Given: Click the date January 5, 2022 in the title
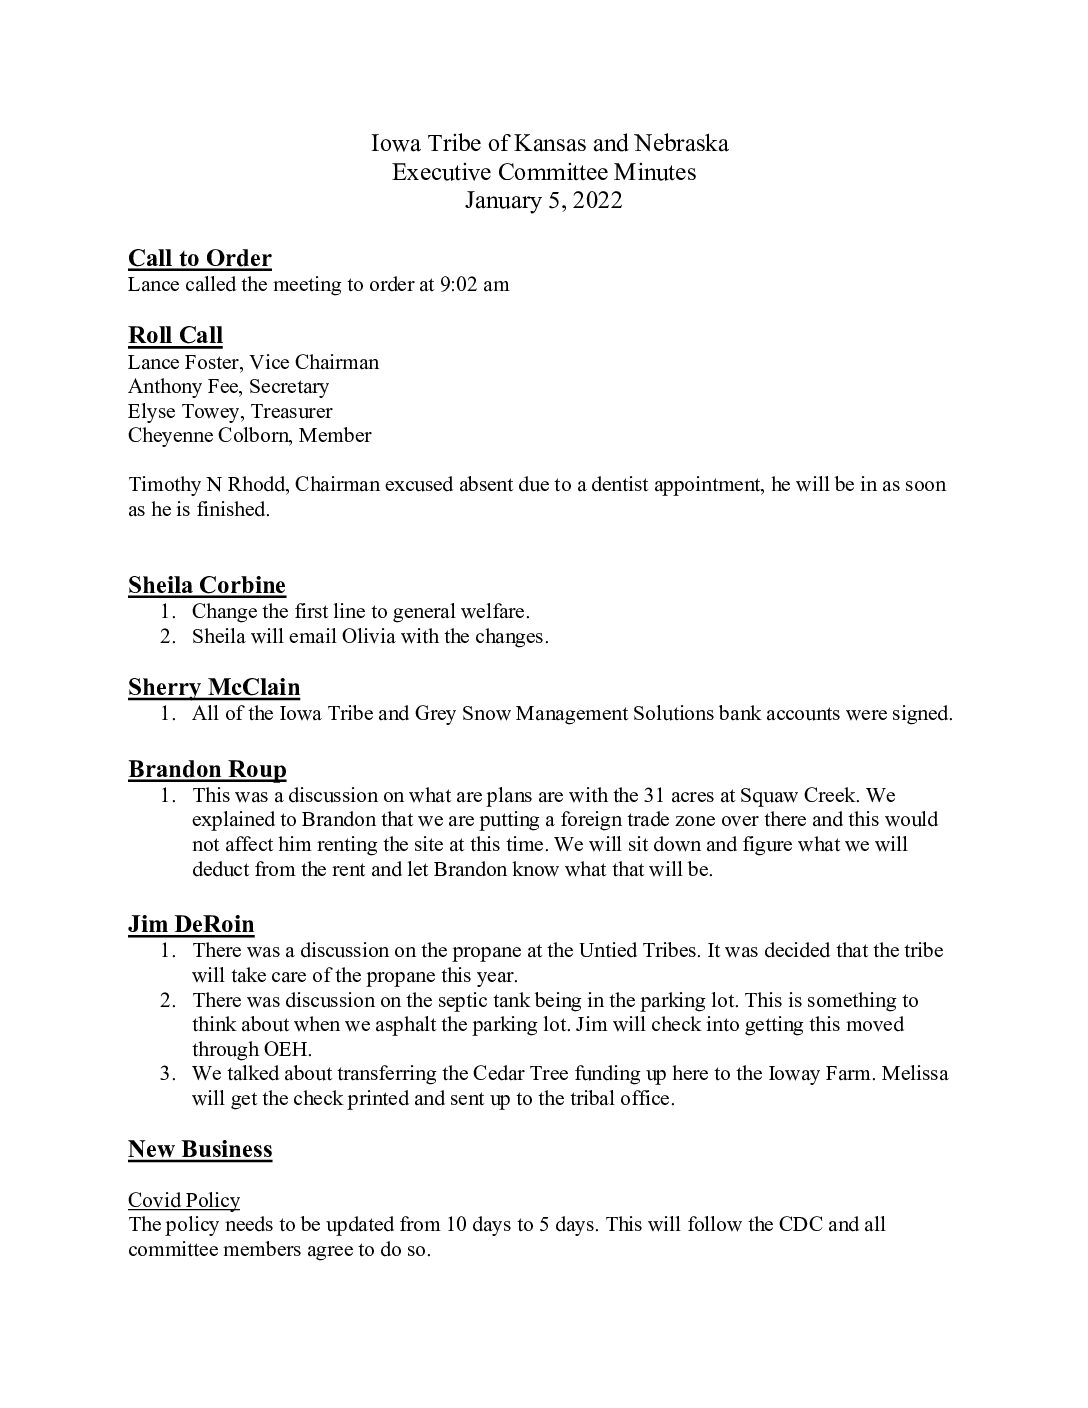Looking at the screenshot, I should tap(543, 201).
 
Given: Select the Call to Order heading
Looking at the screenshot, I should tap(200, 259).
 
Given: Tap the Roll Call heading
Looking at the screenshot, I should tap(175, 335).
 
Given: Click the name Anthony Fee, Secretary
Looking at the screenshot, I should tap(228, 386).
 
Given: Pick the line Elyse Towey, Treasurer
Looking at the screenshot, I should tap(230, 411).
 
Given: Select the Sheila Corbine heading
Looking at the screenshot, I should tap(207, 585).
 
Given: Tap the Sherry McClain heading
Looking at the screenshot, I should tap(214, 687).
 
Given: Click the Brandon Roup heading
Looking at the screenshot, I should tap(207, 769).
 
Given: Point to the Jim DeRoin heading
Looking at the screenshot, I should tap(191, 924).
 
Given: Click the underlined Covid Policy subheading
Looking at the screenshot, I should tap(184, 1200).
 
